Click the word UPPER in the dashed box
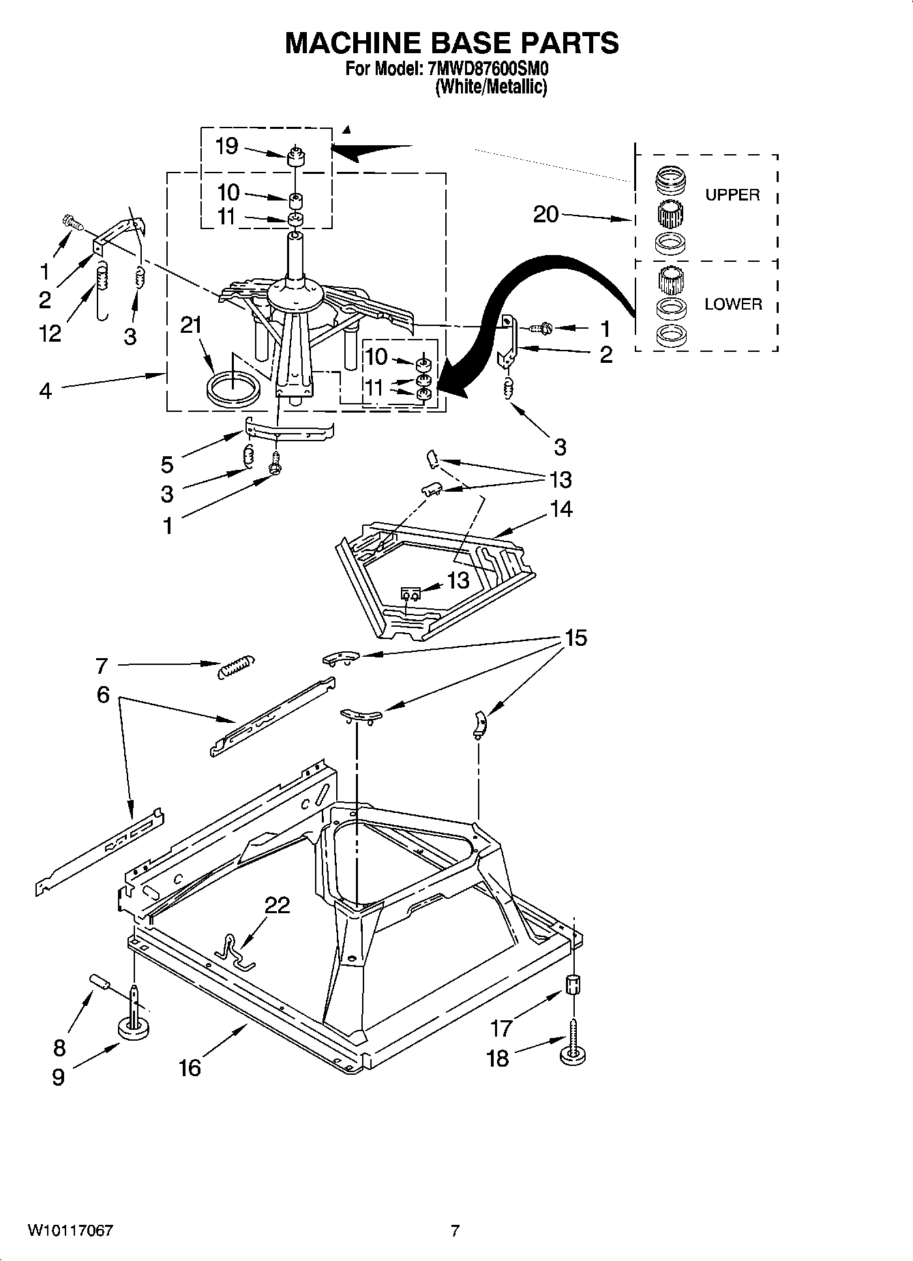pyautogui.click(x=732, y=195)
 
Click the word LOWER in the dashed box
pyautogui.click(x=733, y=304)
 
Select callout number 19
pyautogui.click(x=226, y=146)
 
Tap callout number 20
pyautogui.click(x=545, y=214)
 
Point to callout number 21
pyautogui.click(x=191, y=325)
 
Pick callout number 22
pyautogui.click(x=277, y=905)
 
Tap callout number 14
pyautogui.click(x=562, y=509)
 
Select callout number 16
pyautogui.click(x=190, y=1067)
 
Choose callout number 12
pyautogui.click(x=50, y=333)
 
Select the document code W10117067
pyautogui.click(x=70, y=1231)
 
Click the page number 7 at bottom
pyautogui.click(x=455, y=1231)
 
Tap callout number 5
pyautogui.click(x=167, y=465)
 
